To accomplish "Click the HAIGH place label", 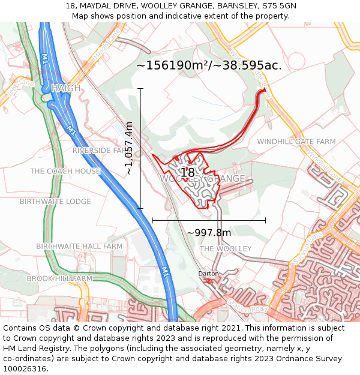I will (66, 88).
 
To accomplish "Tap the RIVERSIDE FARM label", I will (100, 150).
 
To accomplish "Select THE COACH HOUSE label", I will (65, 171).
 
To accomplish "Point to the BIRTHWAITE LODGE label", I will (55, 202).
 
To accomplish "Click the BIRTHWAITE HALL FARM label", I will (79, 247).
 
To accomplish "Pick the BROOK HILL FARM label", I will (59, 278).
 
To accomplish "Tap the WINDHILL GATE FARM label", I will (296, 142).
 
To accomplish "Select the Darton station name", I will (208, 274).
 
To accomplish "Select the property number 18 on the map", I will (188, 173).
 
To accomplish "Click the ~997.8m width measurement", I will (209, 233).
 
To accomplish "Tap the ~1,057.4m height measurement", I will (128, 148).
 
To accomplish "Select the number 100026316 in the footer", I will (24, 369).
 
